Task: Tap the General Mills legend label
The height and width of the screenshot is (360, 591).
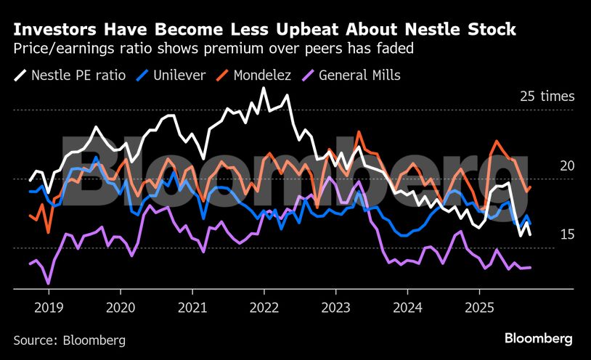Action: pyautogui.click(x=359, y=75)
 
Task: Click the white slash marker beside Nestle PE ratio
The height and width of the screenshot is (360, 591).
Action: pyautogui.click(x=19, y=75)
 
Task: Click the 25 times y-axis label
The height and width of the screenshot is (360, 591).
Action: pyautogui.click(x=547, y=97)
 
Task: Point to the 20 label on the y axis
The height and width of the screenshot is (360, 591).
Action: pyautogui.click(x=566, y=166)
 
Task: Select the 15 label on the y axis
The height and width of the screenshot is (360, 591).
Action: pyautogui.click(x=566, y=234)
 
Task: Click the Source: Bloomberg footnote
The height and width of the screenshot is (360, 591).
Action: pyautogui.click(x=69, y=340)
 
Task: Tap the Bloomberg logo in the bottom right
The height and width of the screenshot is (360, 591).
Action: pyautogui.click(x=539, y=339)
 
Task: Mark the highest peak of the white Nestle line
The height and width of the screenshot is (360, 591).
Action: pyautogui.click(x=263, y=89)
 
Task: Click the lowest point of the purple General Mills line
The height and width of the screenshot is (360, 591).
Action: pyautogui.click(x=48, y=283)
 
